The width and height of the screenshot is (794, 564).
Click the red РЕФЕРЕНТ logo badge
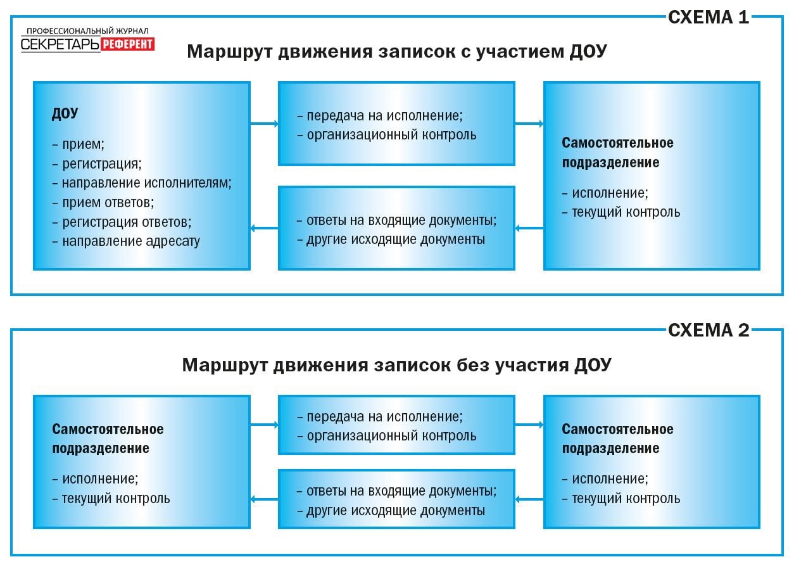tap(128, 44)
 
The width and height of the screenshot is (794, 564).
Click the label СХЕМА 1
tap(709, 17)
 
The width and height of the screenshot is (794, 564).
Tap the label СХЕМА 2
tap(709, 330)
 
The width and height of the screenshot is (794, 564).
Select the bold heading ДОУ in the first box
tap(65, 113)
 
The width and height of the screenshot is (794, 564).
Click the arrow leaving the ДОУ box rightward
tap(265, 124)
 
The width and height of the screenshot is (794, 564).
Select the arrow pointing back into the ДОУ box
tap(265, 228)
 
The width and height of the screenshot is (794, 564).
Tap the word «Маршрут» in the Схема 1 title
tap(230, 52)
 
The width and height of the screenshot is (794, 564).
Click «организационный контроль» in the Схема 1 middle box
tap(392, 135)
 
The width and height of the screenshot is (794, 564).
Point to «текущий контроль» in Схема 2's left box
tap(116, 498)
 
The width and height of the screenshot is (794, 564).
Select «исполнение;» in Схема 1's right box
tap(610, 193)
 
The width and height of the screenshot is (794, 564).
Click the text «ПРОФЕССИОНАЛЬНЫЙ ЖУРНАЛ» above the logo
tap(87, 31)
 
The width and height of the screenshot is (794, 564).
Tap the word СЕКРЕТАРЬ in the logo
tap(60, 44)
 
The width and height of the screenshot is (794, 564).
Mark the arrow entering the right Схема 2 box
tap(529, 424)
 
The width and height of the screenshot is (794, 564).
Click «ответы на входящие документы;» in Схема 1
tap(401, 221)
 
